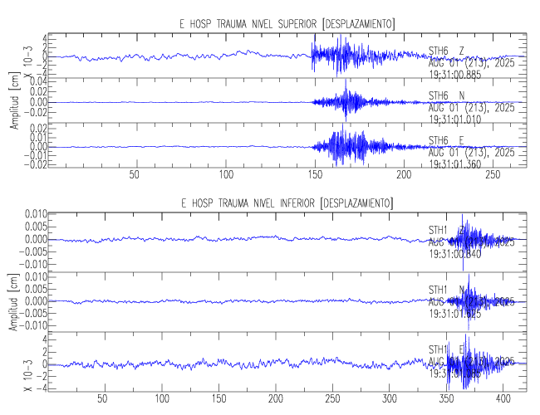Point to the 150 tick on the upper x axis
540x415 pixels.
314,175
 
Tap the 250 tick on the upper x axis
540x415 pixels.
493,175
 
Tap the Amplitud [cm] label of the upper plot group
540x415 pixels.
14,103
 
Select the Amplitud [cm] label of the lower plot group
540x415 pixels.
14,302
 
